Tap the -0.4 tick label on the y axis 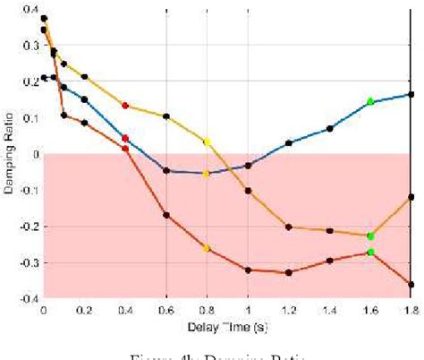[x=27, y=298]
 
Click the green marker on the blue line [x=370, y=101]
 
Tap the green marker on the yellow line [x=370, y=236]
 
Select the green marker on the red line [x=370, y=252]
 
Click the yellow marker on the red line [x=207, y=248]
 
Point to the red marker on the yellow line [x=125, y=106]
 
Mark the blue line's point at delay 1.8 [x=411, y=94]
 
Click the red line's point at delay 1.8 [x=411, y=285]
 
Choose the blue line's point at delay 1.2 [x=289, y=143]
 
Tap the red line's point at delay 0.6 [x=166, y=215]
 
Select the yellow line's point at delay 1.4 [x=329, y=231]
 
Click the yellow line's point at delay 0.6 [x=166, y=116]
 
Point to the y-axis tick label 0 [x=34, y=154]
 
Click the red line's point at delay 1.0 [x=248, y=270]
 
